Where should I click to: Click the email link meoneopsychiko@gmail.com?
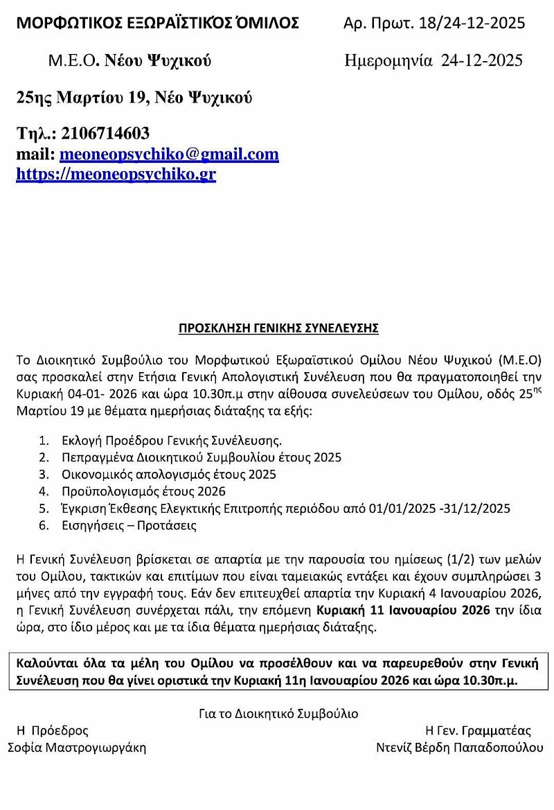click(169, 155)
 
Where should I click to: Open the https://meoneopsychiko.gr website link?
click(116, 174)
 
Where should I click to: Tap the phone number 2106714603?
click(105, 132)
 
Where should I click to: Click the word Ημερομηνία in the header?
click(388, 60)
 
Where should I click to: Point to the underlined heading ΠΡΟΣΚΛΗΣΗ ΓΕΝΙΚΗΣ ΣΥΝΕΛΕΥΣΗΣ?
click(279, 328)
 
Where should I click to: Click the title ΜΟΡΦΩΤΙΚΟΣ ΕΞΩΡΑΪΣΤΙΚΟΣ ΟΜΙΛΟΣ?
click(158, 24)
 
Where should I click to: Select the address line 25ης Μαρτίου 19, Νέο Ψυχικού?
click(134, 98)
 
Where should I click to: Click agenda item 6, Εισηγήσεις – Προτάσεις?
click(127, 525)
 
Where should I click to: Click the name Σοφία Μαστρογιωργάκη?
click(77, 748)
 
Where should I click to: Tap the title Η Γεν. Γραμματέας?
click(479, 730)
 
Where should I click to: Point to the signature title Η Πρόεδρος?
click(53, 730)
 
